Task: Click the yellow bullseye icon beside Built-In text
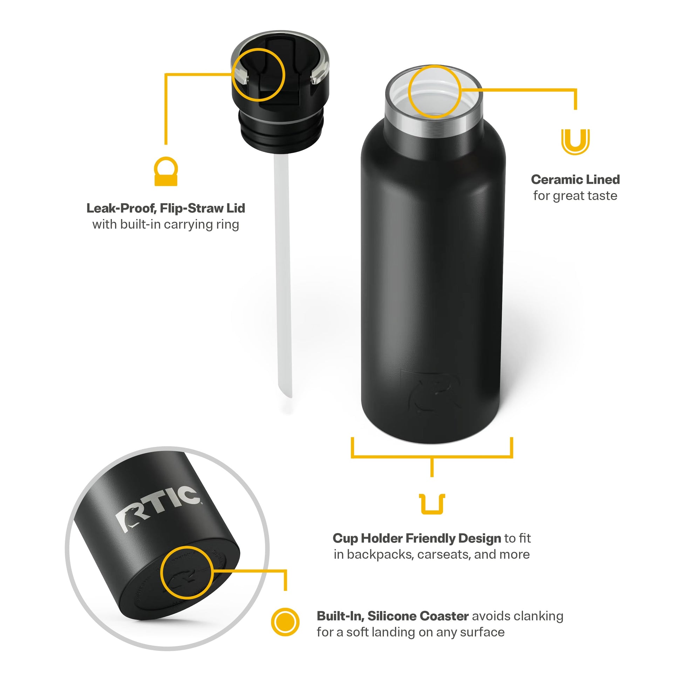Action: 285,622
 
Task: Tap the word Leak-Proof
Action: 121,209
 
